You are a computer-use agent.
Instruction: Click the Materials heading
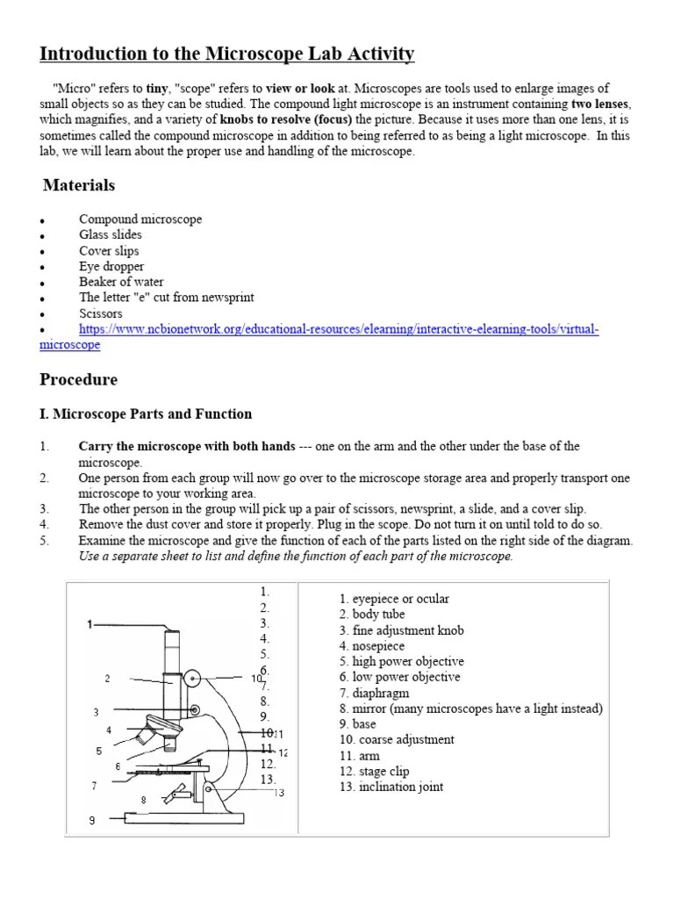coord(79,185)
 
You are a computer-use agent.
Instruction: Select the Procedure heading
coord(78,379)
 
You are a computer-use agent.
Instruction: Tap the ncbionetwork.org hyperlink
coord(338,329)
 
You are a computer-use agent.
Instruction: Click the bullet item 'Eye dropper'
coord(111,266)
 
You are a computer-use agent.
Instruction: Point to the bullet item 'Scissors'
coord(101,313)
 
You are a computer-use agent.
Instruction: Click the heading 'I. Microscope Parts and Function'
coord(146,414)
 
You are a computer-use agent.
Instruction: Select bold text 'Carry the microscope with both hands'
coord(187,447)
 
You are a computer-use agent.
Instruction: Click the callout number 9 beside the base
coord(91,821)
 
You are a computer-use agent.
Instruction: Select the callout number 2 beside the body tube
coord(107,678)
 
